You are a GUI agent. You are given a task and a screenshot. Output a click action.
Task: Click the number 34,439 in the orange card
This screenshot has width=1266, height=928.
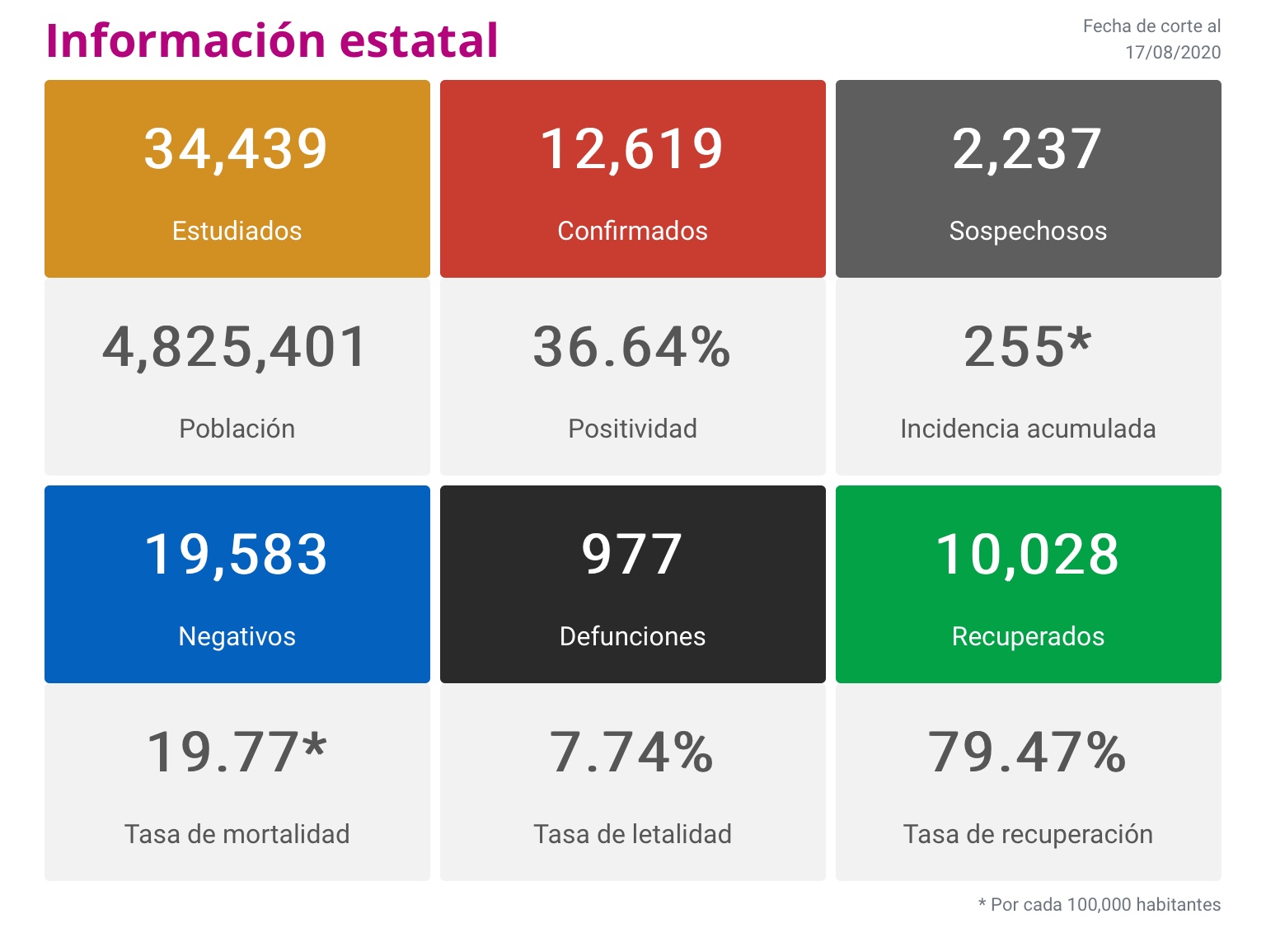237,149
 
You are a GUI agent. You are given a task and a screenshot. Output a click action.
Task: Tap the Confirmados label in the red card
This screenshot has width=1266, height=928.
632,231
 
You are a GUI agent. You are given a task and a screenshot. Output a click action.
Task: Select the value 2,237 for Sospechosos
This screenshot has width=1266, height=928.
1027,149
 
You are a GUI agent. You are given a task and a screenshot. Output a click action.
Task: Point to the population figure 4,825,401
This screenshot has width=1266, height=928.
235,347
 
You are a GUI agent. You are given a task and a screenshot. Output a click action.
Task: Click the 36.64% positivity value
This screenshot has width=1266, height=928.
632,347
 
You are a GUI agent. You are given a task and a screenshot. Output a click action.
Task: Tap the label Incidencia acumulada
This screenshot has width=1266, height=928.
1028,429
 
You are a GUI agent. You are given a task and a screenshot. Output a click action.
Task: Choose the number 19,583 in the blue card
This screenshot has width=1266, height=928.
237,555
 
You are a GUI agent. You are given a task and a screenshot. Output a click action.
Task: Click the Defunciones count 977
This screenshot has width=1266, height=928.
632,555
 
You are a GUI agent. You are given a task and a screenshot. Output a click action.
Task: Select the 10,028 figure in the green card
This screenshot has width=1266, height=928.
1027,555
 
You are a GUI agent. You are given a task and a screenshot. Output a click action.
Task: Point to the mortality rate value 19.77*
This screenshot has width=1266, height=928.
237,752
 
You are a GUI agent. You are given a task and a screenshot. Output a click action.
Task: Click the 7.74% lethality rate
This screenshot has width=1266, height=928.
632,752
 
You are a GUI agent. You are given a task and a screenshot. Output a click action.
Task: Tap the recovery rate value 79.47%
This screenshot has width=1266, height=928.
1027,752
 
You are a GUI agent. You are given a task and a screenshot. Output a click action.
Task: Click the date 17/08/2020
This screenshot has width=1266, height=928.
1173,53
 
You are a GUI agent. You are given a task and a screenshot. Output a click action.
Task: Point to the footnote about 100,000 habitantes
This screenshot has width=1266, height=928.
1100,905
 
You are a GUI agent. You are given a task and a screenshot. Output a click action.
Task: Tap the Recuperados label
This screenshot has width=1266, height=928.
1028,636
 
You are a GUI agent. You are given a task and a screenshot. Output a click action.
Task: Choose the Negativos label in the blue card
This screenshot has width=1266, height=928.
237,636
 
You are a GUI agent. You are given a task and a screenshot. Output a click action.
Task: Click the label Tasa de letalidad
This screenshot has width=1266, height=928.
632,834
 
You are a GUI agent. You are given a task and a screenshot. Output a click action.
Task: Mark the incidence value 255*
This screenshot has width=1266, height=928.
1027,347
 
